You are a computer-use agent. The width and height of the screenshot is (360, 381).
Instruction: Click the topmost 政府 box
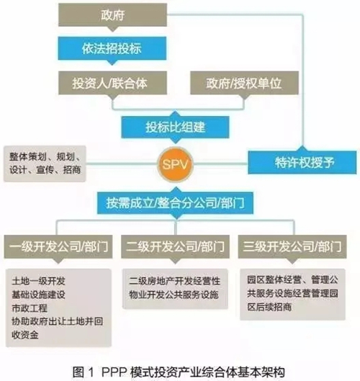click(113, 15)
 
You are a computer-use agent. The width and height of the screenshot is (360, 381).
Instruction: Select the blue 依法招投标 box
click(112, 48)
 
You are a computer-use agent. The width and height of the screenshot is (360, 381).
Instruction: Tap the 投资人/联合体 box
click(113, 83)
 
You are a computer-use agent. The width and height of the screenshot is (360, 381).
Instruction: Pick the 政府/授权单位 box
click(244, 83)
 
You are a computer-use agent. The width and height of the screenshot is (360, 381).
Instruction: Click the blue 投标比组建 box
click(176, 127)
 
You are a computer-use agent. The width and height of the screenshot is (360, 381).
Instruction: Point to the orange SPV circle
click(176, 164)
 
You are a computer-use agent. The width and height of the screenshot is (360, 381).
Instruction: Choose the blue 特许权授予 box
click(302, 162)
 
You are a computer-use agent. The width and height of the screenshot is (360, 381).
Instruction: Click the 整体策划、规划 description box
click(45, 163)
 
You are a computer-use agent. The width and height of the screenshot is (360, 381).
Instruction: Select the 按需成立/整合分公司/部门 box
click(176, 203)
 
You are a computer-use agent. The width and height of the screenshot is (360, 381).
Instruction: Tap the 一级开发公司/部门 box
click(58, 246)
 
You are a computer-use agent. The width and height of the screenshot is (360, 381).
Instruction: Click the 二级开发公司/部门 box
click(176, 246)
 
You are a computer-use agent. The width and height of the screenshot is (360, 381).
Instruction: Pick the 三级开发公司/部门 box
click(292, 246)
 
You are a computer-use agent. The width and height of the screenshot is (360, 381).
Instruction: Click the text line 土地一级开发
click(39, 281)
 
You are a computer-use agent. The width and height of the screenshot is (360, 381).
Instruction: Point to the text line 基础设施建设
click(39, 295)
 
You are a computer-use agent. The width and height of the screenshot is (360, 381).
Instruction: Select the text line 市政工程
click(30, 308)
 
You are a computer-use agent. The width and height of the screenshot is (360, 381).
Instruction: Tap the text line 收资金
click(25, 335)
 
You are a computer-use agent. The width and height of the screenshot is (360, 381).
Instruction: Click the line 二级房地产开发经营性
click(175, 281)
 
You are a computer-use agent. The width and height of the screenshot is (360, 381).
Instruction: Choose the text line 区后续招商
click(269, 307)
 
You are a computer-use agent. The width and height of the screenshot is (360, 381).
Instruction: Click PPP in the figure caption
click(114, 372)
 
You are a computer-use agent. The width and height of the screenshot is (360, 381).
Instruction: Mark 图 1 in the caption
click(83, 372)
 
